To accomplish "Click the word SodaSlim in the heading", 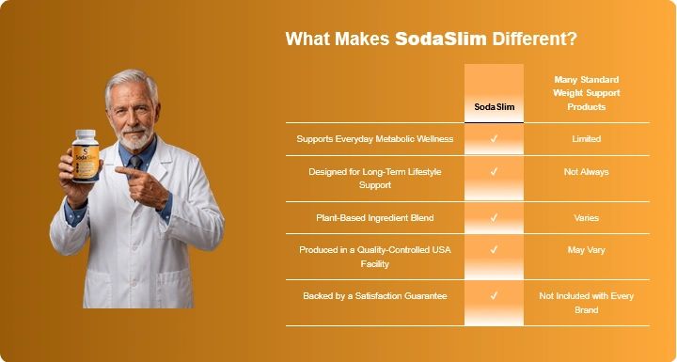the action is coord(440,39).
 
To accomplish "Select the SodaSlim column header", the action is coord(495,106).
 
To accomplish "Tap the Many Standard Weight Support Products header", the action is coord(587,93).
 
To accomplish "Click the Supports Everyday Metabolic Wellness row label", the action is coord(375,138).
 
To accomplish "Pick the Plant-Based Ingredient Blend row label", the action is coord(375,218).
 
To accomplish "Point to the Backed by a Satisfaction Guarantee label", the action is coord(375,296).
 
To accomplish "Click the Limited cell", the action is coord(587,138).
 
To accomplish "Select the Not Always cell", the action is coord(587,171).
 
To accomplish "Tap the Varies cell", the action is coord(587,218).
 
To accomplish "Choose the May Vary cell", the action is coord(587,250).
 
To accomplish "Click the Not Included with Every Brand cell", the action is coord(587,303).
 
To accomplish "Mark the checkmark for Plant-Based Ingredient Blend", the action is coord(495,218).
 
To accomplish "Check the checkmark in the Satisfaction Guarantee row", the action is coord(495,296).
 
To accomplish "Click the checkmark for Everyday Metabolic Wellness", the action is coord(495,138).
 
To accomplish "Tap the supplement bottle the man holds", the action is coord(86,155).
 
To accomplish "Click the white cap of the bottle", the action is coord(86,134).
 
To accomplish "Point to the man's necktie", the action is coord(135,164).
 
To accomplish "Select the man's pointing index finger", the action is coord(127,171).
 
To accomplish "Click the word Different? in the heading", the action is coord(535,39).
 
